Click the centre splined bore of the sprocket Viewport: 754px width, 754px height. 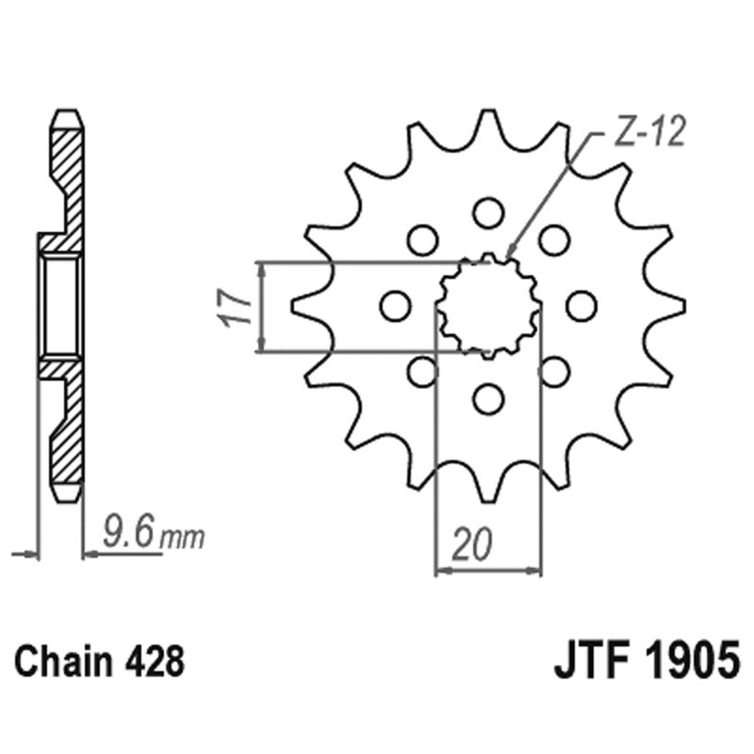488,305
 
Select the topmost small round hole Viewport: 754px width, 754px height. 488,212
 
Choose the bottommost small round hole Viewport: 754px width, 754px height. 488,399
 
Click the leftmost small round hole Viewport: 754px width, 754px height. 395,305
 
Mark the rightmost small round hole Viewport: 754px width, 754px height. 582,305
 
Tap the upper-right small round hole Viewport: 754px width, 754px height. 554,239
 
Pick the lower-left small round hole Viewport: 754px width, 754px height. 422,371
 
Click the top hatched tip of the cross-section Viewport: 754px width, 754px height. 65,127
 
